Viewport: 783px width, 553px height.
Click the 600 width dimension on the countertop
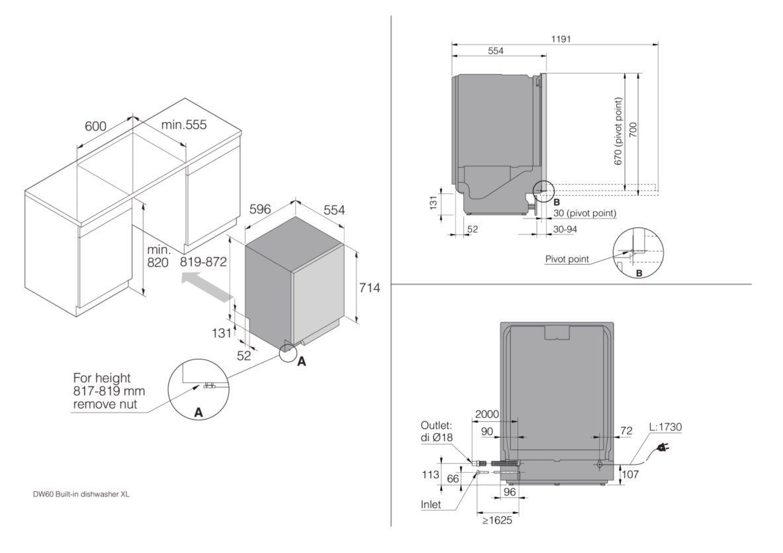coord(95,126)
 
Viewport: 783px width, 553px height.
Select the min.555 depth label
coord(184,125)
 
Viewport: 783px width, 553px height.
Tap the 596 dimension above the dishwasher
coord(259,209)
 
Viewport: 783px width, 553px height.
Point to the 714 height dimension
coord(369,287)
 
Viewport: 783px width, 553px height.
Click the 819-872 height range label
coord(203,262)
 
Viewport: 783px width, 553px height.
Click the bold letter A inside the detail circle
coord(199,413)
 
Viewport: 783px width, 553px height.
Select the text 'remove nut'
coord(105,403)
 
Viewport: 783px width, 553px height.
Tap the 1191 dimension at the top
coord(561,39)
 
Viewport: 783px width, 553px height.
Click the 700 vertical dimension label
coord(633,130)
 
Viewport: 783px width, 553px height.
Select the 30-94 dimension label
coord(565,228)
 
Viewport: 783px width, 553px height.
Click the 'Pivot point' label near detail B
coord(567,259)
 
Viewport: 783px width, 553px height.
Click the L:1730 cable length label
coord(665,427)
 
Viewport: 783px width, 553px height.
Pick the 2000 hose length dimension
coord(487,414)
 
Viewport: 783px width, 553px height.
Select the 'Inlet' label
coord(431,505)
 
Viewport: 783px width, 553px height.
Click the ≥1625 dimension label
coord(497,521)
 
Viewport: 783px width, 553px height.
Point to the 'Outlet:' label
coord(436,426)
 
